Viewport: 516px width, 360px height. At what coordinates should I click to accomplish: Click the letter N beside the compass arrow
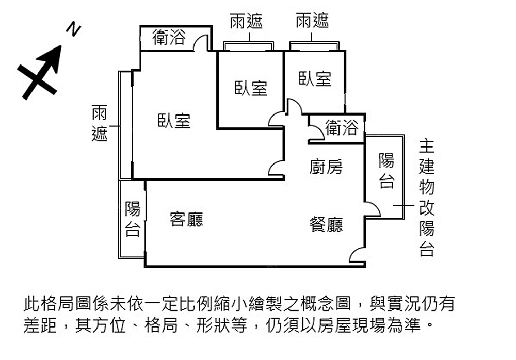(x=75, y=30)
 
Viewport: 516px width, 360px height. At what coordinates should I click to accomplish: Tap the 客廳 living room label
(x=186, y=219)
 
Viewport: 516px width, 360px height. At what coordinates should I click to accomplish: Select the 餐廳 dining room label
(x=326, y=224)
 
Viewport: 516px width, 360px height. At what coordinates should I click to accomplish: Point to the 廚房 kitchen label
(x=326, y=167)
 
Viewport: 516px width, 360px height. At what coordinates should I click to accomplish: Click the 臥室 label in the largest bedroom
(x=174, y=121)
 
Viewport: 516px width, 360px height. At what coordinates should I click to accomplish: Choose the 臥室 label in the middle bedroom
(x=251, y=88)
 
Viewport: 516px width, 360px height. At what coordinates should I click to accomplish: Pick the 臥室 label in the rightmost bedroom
(x=315, y=79)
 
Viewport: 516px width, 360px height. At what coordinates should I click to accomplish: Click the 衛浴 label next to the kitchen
(x=341, y=127)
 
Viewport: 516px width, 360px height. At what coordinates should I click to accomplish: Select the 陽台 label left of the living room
(x=133, y=219)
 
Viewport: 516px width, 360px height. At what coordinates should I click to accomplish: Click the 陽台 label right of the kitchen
(x=386, y=170)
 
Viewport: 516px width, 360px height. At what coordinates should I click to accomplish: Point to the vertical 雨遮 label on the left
(x=100, y=123)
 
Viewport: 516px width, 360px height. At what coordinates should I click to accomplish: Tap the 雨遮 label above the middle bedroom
(x=246, y=21)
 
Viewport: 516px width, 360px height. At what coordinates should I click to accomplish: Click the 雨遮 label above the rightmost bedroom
(x=312, y=21)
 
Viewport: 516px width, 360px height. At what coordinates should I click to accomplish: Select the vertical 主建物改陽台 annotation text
(x=427, y=198)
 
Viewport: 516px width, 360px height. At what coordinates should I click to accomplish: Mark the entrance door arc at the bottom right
(x=357, y=254)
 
